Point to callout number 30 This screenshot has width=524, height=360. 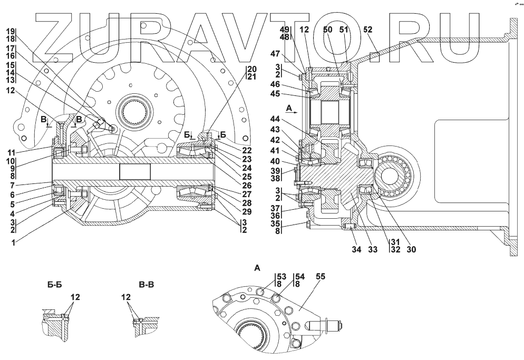click(412, 249)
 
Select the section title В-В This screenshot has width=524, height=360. click(147, 285)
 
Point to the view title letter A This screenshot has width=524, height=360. click(257, 268)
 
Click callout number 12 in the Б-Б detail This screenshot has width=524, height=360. click(75, 297)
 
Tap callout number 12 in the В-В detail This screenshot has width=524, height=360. click(125, 297)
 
